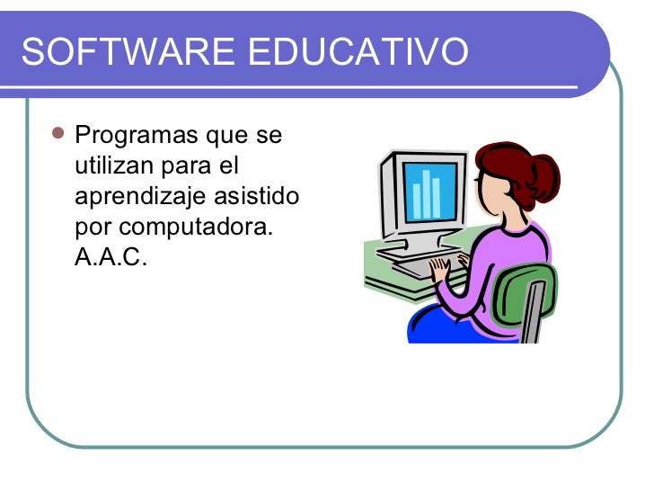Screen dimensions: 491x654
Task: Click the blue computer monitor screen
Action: pyautogui.click(x=429, y=191)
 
